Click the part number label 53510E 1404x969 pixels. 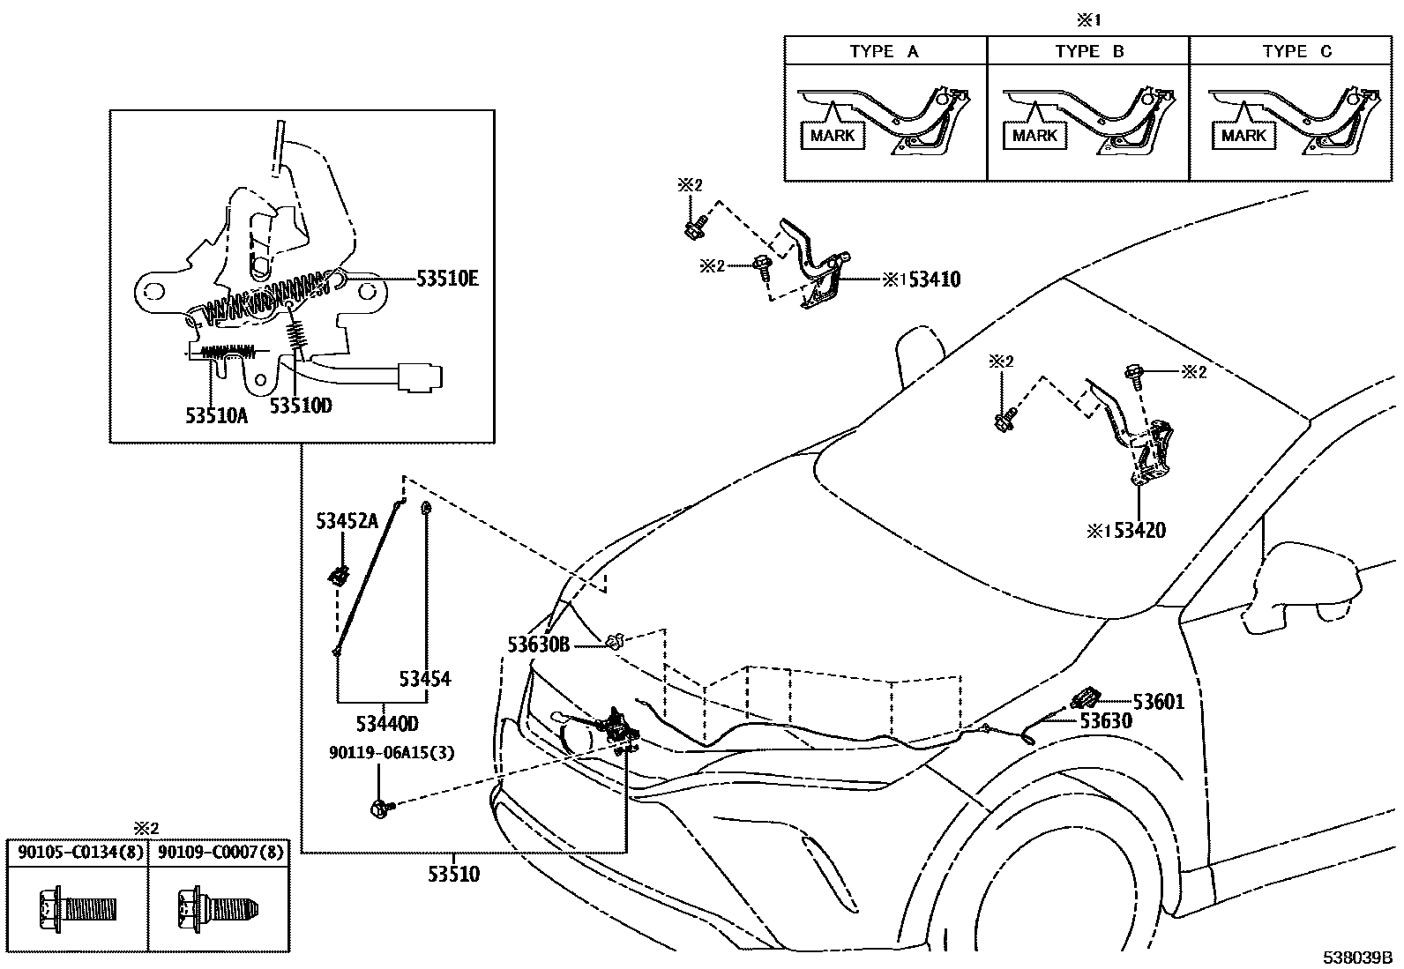pos(447,279)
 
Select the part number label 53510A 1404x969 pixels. pos(216,415)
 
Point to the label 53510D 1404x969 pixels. pos(301,406)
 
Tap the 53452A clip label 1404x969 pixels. pos(347,521)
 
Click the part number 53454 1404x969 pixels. pos(424,678)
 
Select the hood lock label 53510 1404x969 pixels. pos(453,874)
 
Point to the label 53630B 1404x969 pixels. pos(538,645)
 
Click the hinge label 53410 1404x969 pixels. pos(934,280)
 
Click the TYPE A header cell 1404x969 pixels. pos(885,51)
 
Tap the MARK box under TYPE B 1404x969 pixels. pos(1034,136)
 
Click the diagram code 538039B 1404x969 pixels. pos(1355,958)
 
